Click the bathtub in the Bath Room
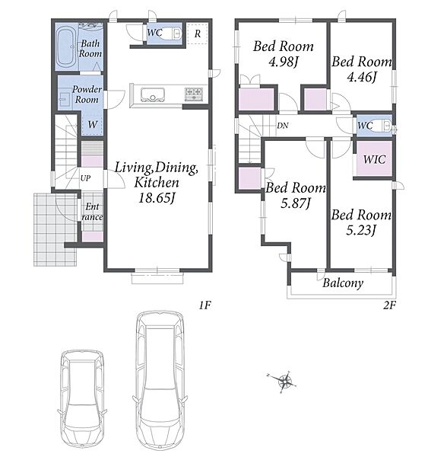(65, 48)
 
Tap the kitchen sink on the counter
(152, 95)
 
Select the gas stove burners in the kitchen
(194, 94)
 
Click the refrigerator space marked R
(197, 34)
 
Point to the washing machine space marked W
(93, 124)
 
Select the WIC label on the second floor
(374, 159)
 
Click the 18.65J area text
(157, 198)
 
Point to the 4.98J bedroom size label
(284, 62)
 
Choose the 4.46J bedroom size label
(362, 77)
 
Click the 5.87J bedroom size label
(296, 203)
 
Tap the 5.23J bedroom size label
(361, 230)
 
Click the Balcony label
(343, 283)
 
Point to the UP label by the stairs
(85, 178)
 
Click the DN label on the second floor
(282, 126)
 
